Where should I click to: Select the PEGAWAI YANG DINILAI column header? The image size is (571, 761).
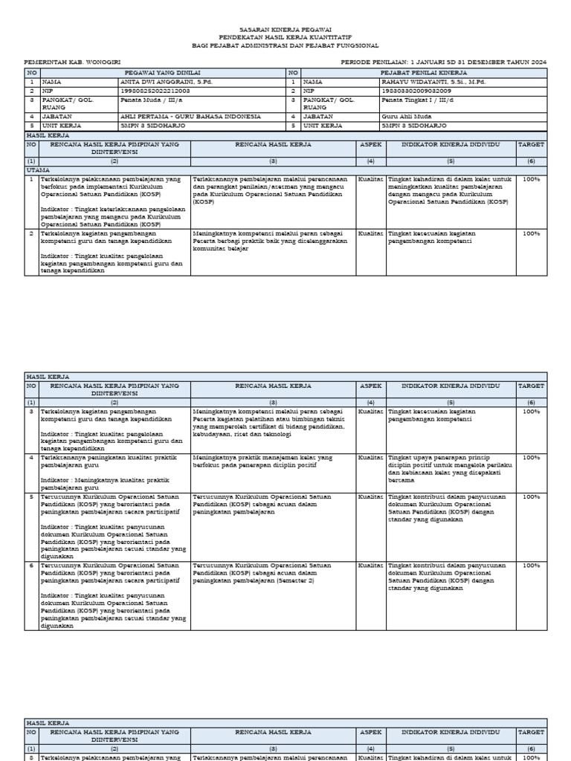(x=156, y=73)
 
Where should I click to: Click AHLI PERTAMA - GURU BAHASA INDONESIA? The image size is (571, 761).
(x=190, y=117)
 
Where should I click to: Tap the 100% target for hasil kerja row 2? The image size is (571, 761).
(x=531, y=233)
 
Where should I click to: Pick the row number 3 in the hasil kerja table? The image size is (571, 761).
(x=31, y=411)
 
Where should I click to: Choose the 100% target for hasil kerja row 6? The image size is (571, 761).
(x=531, y=566)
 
